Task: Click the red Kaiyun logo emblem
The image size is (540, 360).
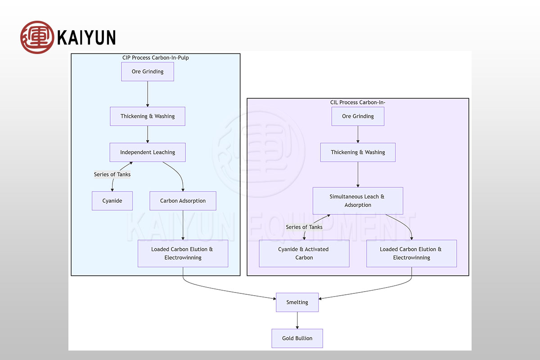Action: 37,37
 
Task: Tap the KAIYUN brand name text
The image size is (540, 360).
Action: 86,37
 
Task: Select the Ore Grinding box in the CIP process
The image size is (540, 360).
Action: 148,72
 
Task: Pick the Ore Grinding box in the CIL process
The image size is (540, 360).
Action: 358,116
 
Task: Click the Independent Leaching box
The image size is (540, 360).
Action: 148,152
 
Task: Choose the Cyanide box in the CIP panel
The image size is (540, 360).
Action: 112,201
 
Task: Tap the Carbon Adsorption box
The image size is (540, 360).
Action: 183,201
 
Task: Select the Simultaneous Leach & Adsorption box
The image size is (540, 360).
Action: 358,201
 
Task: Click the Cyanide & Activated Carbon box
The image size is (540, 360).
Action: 304,253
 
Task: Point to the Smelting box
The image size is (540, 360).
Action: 297,302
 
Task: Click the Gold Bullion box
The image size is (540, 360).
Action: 297,338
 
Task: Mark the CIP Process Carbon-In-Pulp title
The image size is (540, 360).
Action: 156,58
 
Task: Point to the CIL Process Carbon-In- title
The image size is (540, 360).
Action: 358,102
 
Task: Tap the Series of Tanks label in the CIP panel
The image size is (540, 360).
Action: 112,175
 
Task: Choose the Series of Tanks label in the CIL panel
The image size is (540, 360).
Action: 304,227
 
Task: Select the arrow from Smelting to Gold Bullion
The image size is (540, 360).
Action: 297,320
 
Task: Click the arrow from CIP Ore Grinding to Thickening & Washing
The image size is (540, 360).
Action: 148,94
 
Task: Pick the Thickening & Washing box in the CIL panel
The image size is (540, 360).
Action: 358,152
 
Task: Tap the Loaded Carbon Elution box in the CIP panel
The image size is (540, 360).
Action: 183,253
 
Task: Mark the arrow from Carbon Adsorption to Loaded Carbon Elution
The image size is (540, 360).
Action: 183,225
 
